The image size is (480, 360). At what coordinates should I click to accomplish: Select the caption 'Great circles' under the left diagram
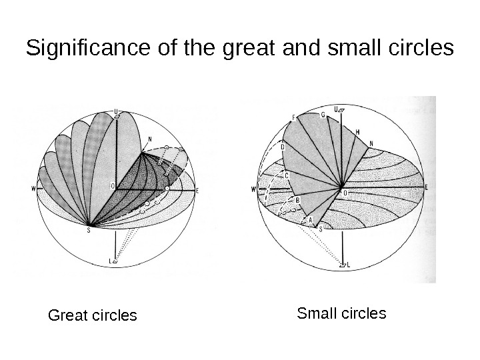coord(93,314)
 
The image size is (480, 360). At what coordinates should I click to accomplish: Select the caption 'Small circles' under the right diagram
coord(342,313)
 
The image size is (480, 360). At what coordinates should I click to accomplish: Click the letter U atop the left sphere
coord(117,111)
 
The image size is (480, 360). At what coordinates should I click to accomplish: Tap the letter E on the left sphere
coord(198,191)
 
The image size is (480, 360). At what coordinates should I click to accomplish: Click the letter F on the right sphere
coord(293,118)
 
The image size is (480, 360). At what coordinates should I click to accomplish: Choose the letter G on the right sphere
coord(323,115)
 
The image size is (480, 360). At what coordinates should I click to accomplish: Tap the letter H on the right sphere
coord(357,132)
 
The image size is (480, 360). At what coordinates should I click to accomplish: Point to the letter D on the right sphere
coord(283,147)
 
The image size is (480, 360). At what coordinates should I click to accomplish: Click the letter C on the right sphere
coord(286,175)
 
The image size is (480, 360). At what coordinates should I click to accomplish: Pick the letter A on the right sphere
coord(310,218)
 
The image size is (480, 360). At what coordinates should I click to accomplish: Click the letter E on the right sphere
coord(425,189)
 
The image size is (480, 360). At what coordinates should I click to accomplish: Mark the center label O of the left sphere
coord(112,185)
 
